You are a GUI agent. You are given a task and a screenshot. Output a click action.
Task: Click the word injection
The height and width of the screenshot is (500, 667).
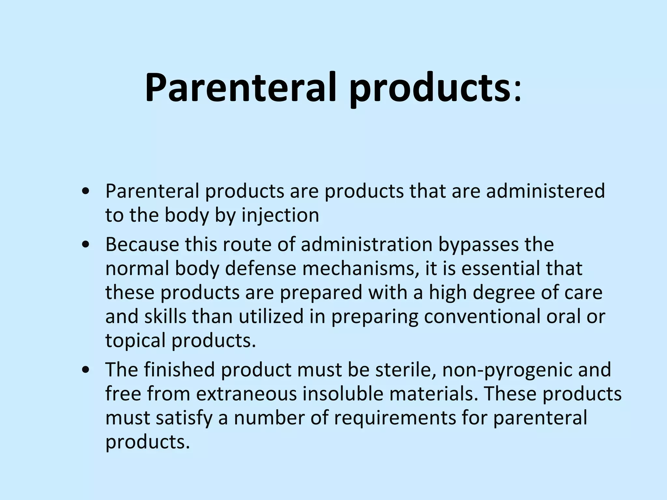coord(280,215)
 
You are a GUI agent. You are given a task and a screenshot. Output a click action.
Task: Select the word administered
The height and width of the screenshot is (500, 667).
coord(546,191)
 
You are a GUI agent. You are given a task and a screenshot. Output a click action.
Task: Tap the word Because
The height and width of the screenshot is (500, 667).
coord(142,244)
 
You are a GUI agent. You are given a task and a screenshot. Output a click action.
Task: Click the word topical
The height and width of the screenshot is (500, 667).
coord(135,341)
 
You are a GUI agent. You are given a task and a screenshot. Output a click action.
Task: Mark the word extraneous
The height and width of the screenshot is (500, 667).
coord(247,394)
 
